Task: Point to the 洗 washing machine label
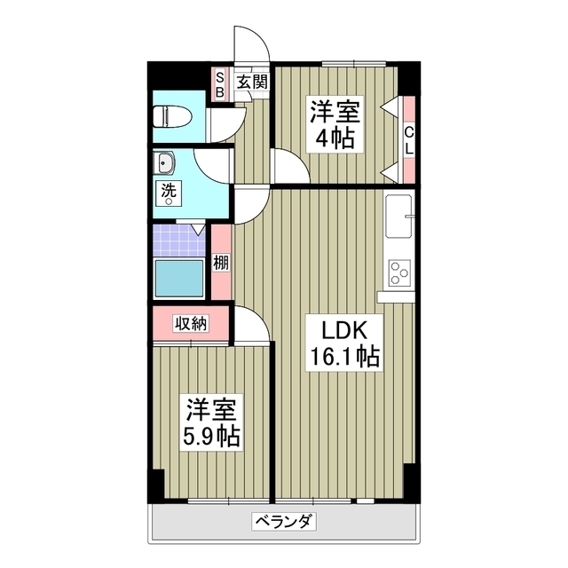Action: coord(167,191)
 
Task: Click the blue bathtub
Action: coord(180,278)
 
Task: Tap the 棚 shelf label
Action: coord(220,263)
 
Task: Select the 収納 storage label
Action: coord(190,323)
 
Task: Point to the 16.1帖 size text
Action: coord(343,357)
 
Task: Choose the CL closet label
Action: coord(408,139)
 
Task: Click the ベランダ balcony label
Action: coord(284,521)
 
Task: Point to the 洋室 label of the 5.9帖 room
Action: coord(211,410)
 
